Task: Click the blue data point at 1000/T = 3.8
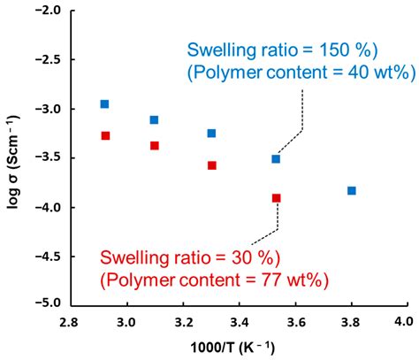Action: pos(352,190)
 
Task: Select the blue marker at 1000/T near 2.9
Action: pos(104,104)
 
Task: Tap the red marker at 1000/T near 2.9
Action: pos(105,135)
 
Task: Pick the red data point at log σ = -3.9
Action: pos(276,198)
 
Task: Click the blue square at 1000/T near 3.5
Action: pos(276,159)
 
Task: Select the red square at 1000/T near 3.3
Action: pos(211,165)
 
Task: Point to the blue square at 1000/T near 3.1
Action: pos(154,119)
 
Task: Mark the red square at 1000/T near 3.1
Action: pos(155,145)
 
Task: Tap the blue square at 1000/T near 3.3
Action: pos(211,134)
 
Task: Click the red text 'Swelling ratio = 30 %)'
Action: pos(190,258)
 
